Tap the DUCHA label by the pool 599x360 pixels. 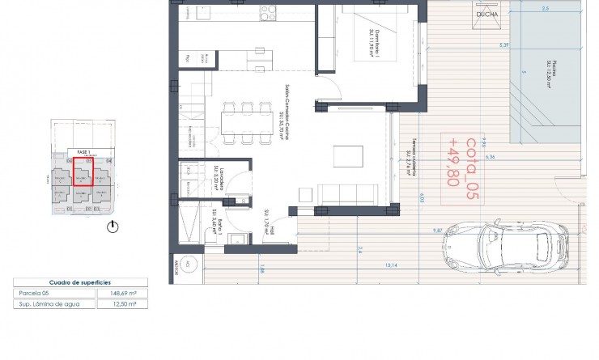(x=487, y=14)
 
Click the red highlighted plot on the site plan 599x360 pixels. (x=83, y=172)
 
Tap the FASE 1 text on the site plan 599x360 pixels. (x=82, y=151)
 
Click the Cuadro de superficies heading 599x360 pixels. (x=74, y=282)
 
